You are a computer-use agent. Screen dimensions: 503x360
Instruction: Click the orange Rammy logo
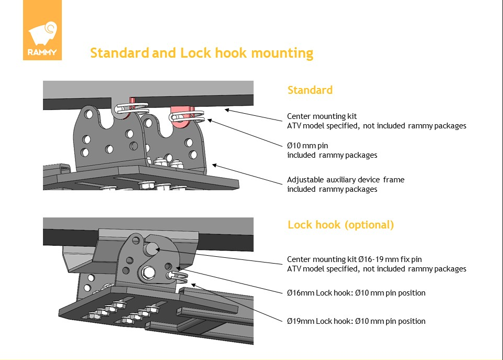42,30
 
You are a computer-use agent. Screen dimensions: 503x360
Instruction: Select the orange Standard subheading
310,90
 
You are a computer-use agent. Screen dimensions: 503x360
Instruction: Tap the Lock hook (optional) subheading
341,225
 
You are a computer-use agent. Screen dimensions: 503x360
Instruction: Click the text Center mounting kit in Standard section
322,116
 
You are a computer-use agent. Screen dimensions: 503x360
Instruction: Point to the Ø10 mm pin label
308,146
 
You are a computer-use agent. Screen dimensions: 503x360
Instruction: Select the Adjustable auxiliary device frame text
345,180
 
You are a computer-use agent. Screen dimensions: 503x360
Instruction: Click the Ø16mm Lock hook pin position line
356,293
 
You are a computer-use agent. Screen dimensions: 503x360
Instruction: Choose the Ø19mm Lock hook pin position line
356,321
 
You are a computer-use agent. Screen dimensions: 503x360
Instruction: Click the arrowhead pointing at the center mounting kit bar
227,110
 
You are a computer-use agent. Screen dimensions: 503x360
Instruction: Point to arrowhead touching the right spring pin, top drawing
210,121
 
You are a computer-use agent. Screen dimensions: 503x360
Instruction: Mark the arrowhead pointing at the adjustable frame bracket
215,165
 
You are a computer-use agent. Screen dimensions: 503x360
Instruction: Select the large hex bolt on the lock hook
148,272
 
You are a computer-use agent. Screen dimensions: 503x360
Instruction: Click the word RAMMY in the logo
42,52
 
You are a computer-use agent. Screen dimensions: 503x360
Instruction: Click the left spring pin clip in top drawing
132,108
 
